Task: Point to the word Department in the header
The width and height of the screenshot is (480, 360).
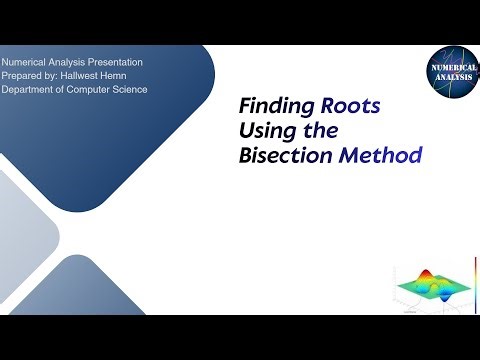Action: click(32, 90)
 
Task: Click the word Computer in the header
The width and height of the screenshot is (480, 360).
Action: click(97, 90)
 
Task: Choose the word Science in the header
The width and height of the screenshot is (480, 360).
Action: click(147, 90)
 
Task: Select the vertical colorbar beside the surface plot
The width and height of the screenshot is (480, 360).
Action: click(471, 281)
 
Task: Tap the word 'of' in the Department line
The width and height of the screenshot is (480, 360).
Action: click(69, 90)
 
